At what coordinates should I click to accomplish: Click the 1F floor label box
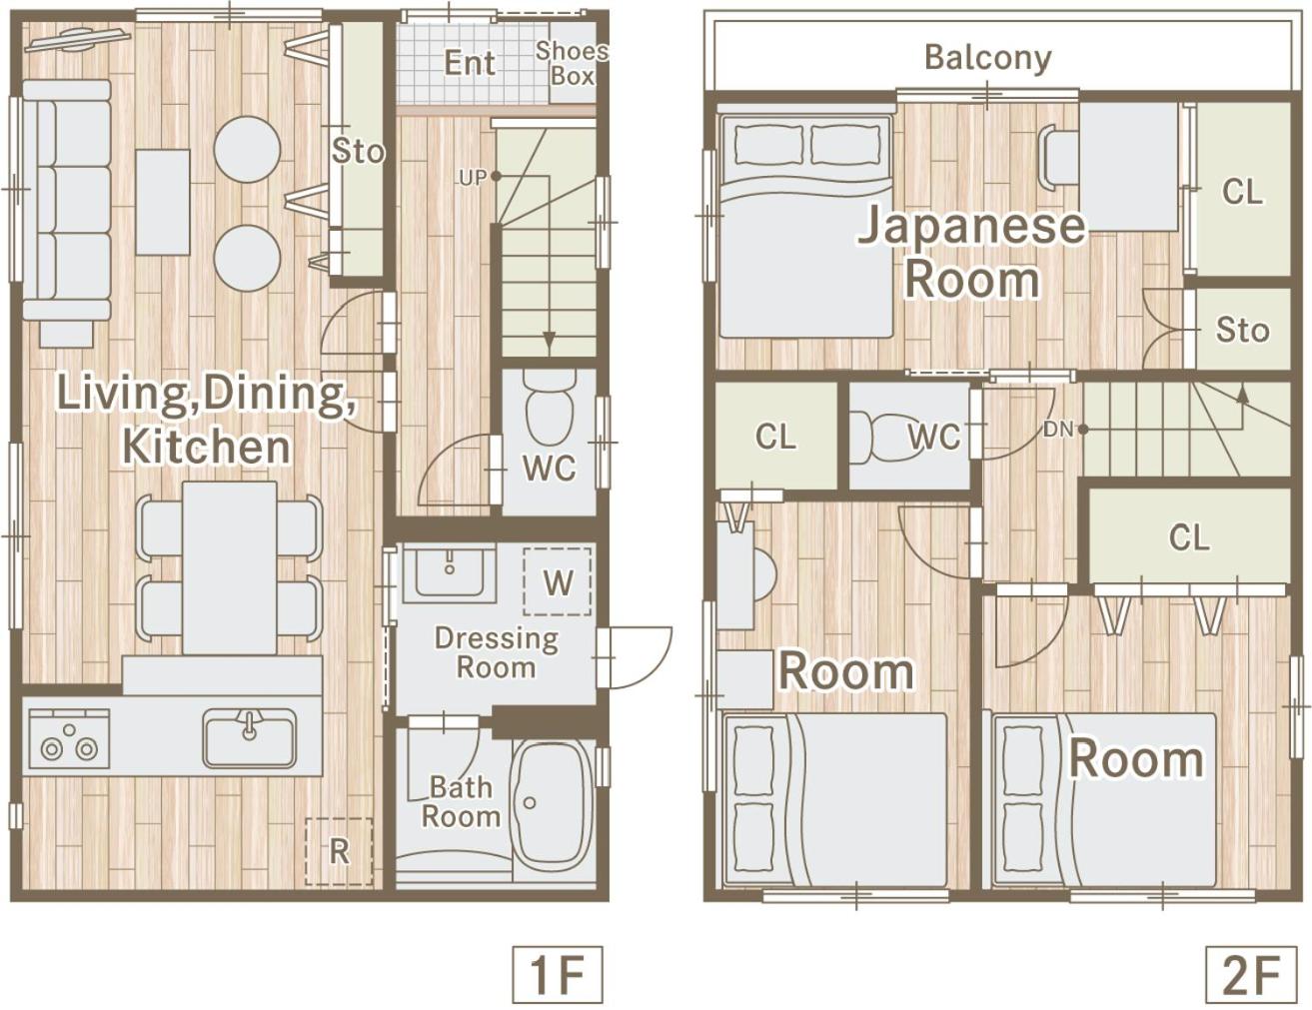click(558, 974)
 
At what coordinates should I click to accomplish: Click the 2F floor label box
click(1252, 974)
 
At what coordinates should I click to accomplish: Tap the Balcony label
click(988, 59)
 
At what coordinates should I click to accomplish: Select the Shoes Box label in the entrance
click(572, 63)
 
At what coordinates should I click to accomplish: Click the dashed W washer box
click(558, 581)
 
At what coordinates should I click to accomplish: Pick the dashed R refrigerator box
click(339, 851)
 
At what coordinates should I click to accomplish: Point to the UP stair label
click(473, 178)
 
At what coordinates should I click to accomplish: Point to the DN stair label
click(1058, 430)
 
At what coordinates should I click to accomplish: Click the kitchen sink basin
click(250, 737)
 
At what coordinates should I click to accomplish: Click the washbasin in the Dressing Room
click(450, 571)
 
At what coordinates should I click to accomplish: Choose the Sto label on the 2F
click(1242, 330)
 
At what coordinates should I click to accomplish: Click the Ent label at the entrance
click(470, 63)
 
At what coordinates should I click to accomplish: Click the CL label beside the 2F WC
click(775, 437)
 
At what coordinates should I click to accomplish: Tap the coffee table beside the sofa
click(163, 203)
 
